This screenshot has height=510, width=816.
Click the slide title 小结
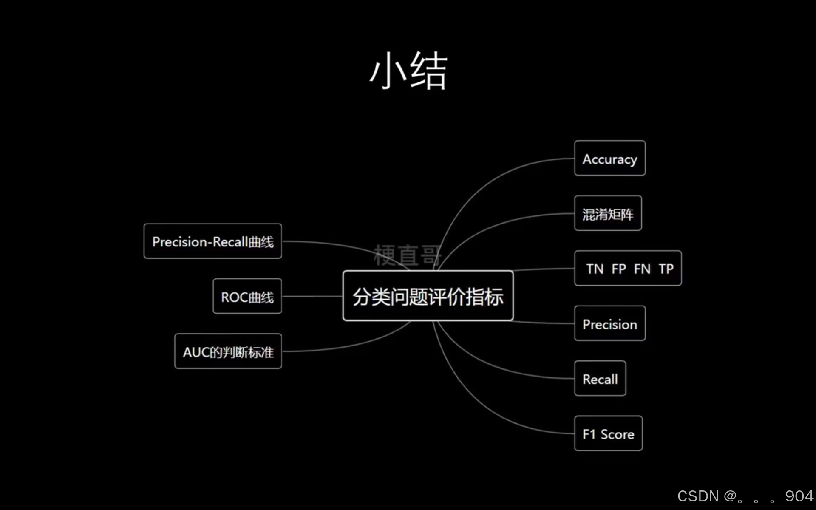(408, 71)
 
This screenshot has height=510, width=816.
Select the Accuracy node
(609, 159)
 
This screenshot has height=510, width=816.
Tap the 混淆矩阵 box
(608, 214)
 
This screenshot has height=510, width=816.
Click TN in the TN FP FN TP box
(595, 269)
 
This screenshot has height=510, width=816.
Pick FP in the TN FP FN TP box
(619, 269)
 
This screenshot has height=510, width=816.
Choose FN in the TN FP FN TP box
(642, 269)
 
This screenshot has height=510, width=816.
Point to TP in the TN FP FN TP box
(666, 269)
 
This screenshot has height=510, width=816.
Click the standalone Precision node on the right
(609, 324)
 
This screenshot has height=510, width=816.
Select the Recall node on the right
(600, 379)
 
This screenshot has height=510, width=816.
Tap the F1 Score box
(608, 434)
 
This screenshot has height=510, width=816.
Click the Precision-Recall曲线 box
(212, 241)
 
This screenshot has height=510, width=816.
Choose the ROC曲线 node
(247, 297)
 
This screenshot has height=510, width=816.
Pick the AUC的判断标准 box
(228, 351)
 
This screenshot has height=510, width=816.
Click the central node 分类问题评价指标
(428, 296)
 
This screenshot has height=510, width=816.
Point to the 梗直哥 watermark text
(408, 255)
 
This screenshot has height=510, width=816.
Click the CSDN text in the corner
(698, 496)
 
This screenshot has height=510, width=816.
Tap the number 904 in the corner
(799, 496)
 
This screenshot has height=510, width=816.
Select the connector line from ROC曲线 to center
(312, 296)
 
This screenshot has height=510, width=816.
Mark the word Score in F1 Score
(617, 434)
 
